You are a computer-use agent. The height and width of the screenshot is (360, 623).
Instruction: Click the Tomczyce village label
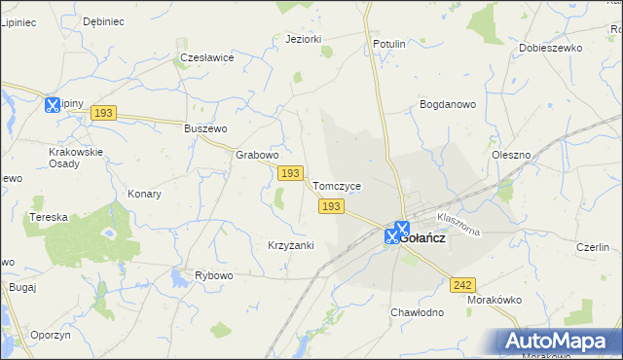[x=337, y=186]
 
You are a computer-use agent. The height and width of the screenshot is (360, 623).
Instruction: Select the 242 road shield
[x=463, y=284]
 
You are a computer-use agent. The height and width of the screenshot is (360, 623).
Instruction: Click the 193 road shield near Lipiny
[x=104, y=114]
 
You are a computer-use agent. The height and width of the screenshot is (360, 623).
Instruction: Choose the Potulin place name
[x=389, y=45]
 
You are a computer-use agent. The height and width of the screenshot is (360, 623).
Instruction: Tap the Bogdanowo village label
[x=447, y=103]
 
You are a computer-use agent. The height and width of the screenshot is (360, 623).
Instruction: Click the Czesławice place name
[x=207, y=57]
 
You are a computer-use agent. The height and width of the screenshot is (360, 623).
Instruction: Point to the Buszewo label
[x=205, y=128]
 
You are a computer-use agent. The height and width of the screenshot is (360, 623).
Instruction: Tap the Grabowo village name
[x=258, y=155]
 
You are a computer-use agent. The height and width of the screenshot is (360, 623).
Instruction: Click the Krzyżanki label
[x=290, y=245]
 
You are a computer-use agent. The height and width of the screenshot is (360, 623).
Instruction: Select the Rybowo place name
[x=214, y=276]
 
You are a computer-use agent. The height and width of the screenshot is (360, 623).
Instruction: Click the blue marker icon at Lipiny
[x=53, y=103]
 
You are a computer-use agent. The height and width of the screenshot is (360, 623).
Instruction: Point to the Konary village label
[x=144, y=194]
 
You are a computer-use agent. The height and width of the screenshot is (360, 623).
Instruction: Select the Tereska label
[x=49, y=217]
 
